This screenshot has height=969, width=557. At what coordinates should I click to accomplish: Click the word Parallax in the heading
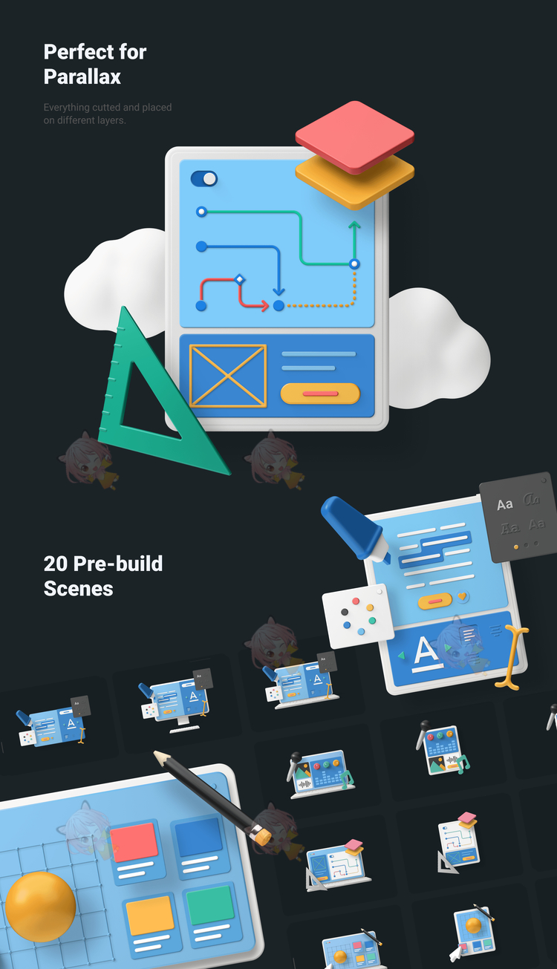pyautogui.click(x=82, y=77)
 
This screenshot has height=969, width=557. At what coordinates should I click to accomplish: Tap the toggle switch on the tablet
pyautogui.click(x=203, y=179)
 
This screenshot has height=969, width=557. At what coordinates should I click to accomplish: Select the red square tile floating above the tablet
pyautogui.click(x=354, y=137)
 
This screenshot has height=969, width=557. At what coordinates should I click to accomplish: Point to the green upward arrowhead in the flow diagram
pyautogui.click(x=354, y=225)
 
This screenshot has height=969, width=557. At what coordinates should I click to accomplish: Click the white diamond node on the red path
pyautogui.click(x=239, y=279)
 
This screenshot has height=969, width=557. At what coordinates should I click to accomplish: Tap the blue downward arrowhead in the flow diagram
pyautogui.click(x=278, y=291)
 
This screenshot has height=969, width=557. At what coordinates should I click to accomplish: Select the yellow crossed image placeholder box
pyautogui.click(x=228, y=376)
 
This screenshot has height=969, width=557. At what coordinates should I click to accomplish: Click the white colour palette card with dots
pyautogui.click(x=358, y=616)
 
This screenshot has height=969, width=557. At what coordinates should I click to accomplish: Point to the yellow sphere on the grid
pyautogui.click(x=40, y=907)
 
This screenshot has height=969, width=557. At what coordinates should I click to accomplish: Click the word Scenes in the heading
pyautogui.click(x=78, y=589)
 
